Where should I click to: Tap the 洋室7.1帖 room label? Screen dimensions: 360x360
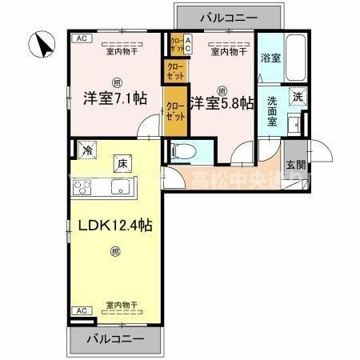114,98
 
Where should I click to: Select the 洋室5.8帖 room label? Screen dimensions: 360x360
222,102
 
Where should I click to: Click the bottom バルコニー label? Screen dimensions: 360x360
116,338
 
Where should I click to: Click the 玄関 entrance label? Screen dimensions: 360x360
295,166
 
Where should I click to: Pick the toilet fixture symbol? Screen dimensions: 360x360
182,150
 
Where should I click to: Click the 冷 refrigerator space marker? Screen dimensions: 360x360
86,148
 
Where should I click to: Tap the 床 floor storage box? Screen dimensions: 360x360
122,162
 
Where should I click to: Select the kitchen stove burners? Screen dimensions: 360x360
84,189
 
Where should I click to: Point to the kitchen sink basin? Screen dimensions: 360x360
121,189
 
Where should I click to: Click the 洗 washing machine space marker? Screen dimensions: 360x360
297,95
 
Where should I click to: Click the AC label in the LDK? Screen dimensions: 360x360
80,310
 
